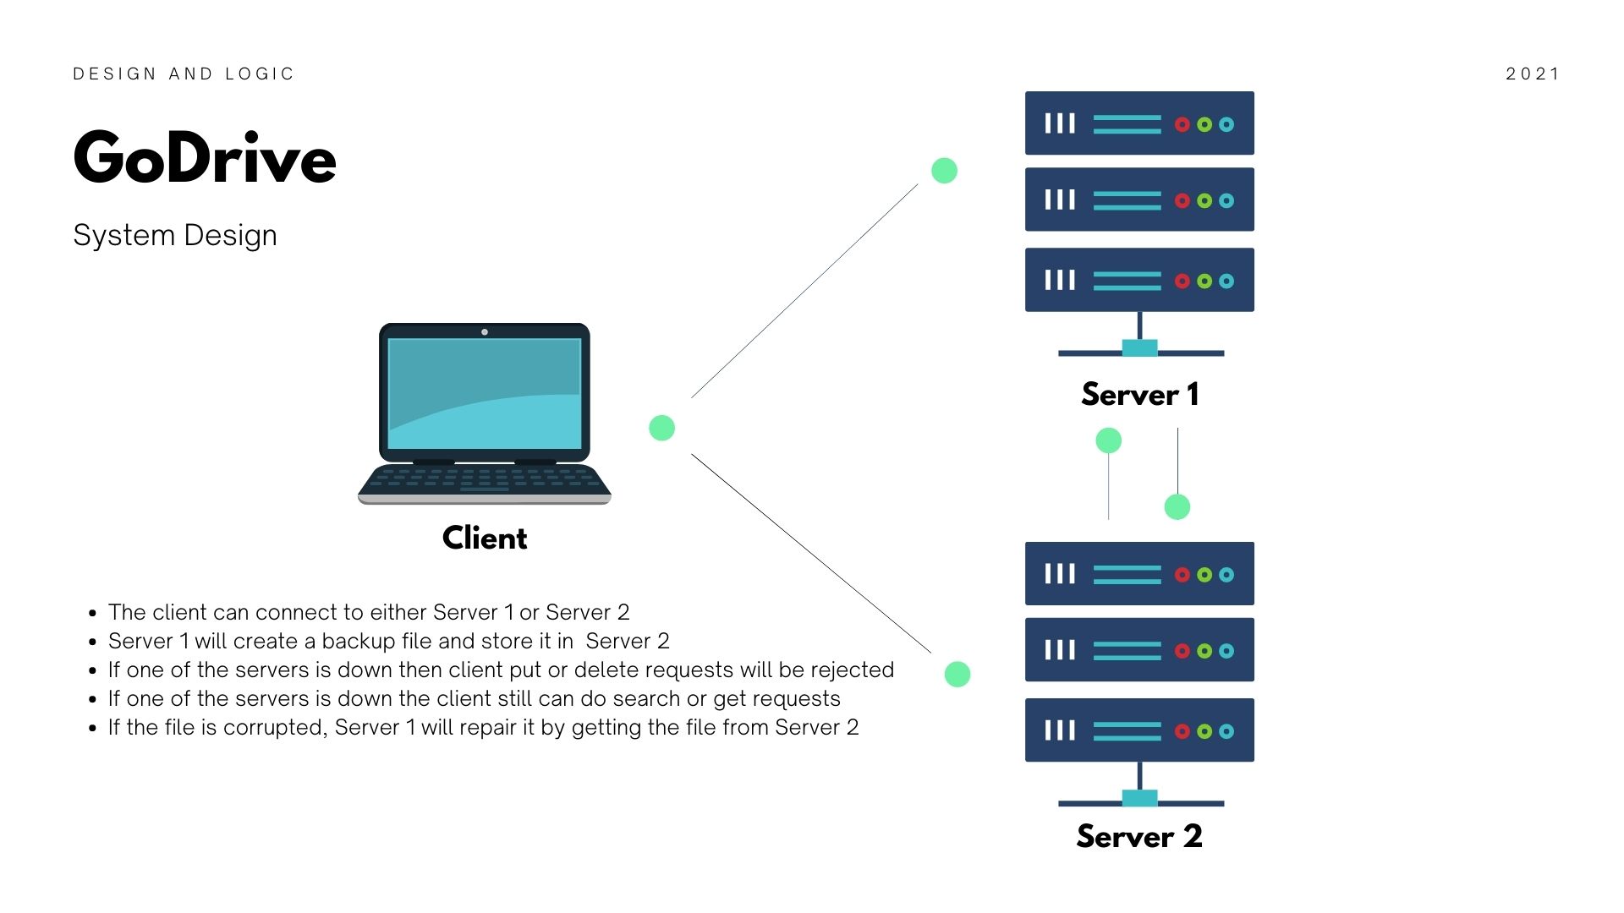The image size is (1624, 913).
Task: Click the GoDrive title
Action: coord(205,157)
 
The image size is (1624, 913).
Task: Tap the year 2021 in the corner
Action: coord(1533,74)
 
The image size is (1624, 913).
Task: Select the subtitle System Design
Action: coord(175,235)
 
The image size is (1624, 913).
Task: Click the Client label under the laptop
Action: coord(485,539)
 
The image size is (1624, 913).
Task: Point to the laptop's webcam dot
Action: coord(485,332)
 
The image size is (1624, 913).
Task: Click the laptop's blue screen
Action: coord(485,393)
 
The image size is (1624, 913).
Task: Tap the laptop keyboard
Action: coord(485,479)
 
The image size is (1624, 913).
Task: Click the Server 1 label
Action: coord(1139,395)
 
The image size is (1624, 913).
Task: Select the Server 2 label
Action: coord(1139,837)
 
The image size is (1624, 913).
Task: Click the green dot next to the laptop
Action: coord(661,428)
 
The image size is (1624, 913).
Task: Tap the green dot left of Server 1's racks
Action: coord(944,171)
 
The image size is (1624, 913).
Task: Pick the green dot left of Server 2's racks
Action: coord(957,674)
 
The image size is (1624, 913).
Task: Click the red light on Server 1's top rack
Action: coord(1182,124)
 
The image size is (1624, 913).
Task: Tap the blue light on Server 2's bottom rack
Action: coord(1226,731)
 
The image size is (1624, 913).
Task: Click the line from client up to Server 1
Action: coord(804,292)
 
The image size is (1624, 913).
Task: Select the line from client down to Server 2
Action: coord(810,553)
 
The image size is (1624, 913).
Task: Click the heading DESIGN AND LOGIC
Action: coord(184,74)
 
